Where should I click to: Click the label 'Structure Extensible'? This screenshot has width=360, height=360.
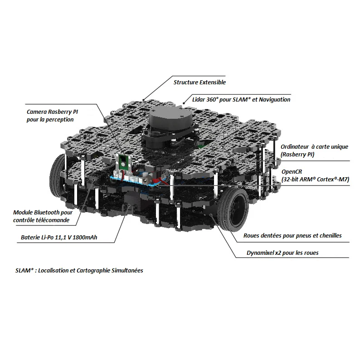click(199, 83)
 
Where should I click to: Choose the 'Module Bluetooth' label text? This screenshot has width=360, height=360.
click(43, 212)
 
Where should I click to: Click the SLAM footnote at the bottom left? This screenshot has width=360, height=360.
click(79, 270)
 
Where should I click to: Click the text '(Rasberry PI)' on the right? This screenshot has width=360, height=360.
click(297, 155)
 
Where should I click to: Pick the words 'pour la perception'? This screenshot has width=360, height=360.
click(50, 120)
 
